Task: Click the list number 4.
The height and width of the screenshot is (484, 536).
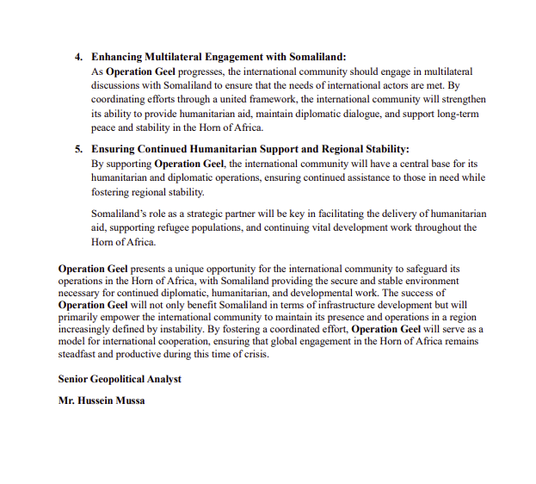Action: pyautogui.click(x=78, y=57)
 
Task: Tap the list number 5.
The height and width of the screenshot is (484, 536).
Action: pyautogui.click(x=78, y=149)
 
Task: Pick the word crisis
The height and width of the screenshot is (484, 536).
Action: pyautogui.click(x=252, y=354)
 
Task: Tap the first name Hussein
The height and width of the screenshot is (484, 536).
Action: pyautogui.click(x=95, y=400)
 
